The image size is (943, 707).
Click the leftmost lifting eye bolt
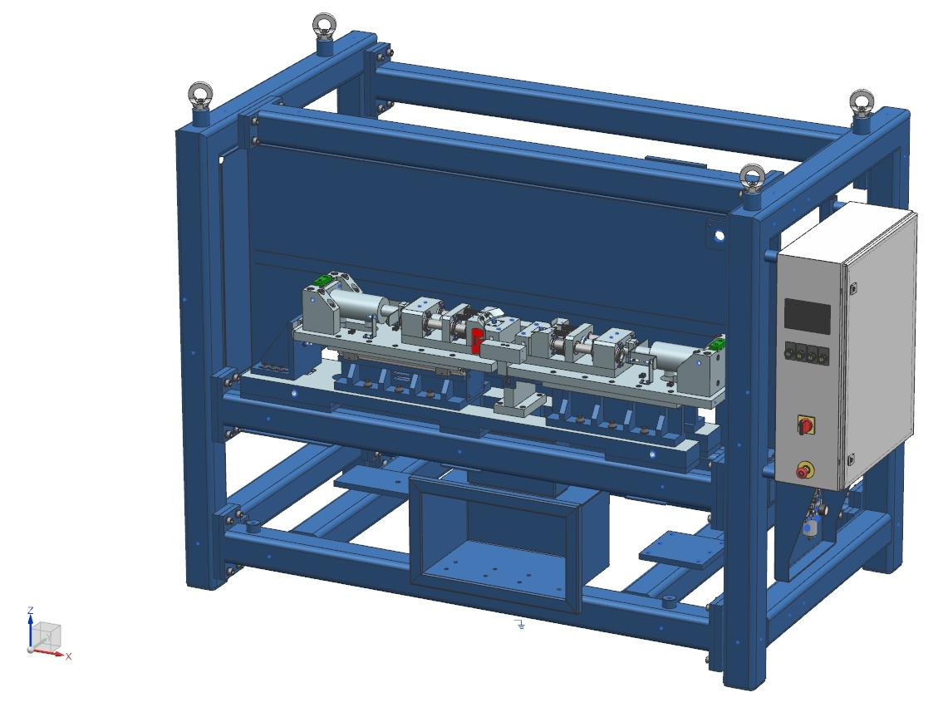[x=200, y=96]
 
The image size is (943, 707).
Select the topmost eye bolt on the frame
[x=324, y=26]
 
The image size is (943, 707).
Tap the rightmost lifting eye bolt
[x=862, y=103]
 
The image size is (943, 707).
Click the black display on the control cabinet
[x=807, y=316]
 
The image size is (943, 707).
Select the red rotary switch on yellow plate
[x=805, y=425]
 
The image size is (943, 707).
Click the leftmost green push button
[x=789, y=353]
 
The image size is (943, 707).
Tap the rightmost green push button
[x=824, y=357]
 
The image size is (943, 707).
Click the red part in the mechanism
[x=477, y=341]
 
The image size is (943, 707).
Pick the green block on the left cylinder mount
[x=323, y=279]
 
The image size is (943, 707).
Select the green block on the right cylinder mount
[x=716, y=344]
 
